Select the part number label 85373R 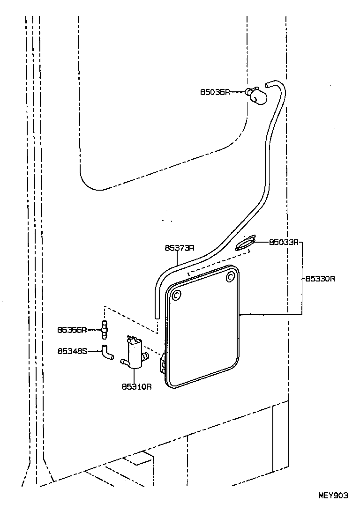(x=180, y=248)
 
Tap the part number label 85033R (x=284, y=243)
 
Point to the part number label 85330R (x=320, y=279)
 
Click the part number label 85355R (x=72, y=330)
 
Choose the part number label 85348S (x=72, y=350)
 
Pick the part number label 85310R (x=136, y=387)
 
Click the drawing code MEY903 (x=333, y=496)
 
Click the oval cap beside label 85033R (x=245, y=244)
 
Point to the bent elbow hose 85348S (x=108, y=352)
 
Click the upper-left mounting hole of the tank (x=176, y=296)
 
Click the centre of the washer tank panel (x=202, y=328)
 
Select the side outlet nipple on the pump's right (x=146, y=357)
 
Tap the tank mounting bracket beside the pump (x=163, y=363)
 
